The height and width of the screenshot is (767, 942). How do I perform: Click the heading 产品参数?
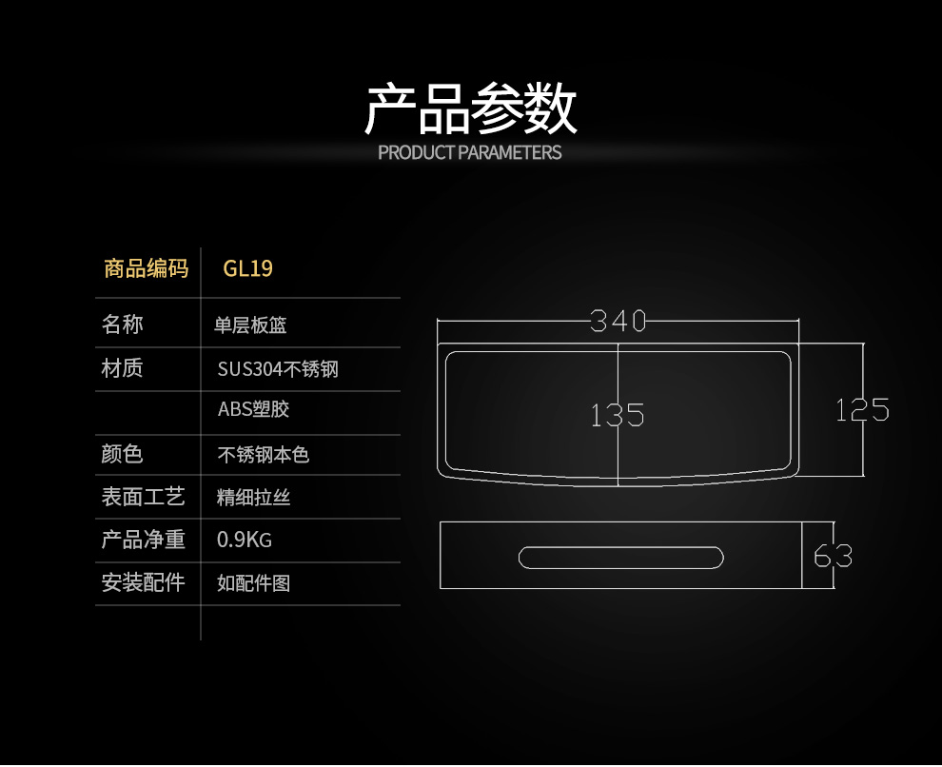470,108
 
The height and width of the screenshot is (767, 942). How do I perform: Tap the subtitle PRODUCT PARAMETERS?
470,152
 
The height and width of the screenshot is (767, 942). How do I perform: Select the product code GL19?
247,268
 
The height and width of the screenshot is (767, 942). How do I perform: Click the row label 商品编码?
146,268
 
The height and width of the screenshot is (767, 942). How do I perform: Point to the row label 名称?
122,324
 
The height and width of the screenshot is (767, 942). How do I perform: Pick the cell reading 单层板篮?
250,325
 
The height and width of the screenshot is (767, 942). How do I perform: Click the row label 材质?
122,367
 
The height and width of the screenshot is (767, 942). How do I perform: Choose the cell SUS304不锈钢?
278,368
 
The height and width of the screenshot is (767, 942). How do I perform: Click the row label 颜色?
122,454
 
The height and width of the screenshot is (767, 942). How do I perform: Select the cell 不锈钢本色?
264,455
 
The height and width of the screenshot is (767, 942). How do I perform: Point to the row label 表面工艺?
143,497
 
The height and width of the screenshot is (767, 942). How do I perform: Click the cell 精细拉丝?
253,498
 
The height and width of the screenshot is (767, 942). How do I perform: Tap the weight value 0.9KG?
245,541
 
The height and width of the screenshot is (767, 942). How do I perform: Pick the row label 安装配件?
143,581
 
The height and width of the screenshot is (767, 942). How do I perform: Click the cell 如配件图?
253,582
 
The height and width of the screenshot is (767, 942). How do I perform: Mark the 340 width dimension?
618,321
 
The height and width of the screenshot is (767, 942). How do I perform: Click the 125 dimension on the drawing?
862,409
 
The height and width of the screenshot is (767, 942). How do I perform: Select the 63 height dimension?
833,556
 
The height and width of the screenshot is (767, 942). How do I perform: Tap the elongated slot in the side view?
621,557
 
